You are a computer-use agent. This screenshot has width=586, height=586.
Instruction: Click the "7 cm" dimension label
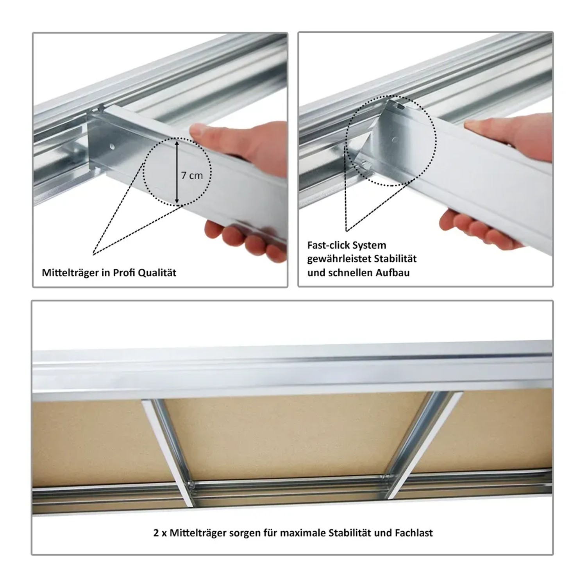coord(192,176)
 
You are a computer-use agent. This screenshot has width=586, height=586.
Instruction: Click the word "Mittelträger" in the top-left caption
coord(70,273)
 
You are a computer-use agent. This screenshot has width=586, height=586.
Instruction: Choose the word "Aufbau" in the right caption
coord(393,273)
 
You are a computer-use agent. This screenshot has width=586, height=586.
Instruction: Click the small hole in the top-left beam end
coord(112,147)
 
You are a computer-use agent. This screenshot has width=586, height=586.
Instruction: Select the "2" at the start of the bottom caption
coord(156,533)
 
